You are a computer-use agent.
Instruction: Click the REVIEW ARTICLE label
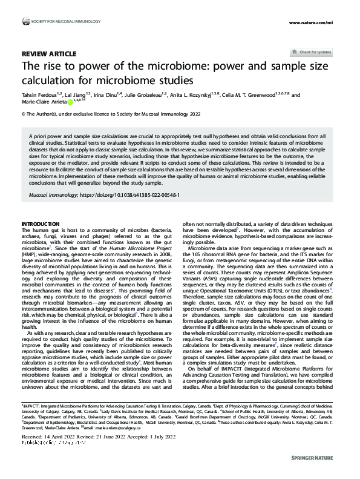[x=49, y=53]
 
